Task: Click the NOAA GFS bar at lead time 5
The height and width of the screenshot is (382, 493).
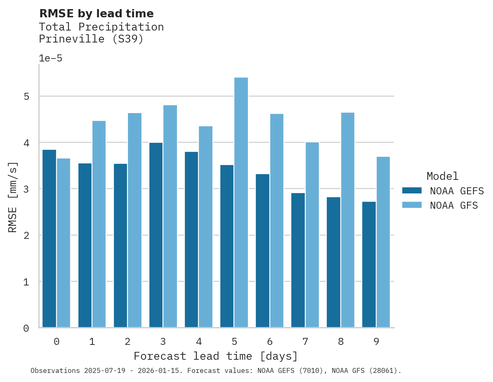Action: click(241, 202)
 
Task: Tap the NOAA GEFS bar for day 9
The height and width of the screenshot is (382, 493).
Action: click(369, 264)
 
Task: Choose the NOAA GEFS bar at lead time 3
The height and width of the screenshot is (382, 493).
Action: click(156, 235)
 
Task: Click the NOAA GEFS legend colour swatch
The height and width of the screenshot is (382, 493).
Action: click(412, 191)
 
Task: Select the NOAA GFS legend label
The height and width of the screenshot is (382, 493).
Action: click(454, 205)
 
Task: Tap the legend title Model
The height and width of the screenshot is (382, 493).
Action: click(442, 176)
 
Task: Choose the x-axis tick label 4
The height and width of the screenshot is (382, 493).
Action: click(198, 342)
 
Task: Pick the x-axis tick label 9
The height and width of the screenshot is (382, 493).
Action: click(376, 342)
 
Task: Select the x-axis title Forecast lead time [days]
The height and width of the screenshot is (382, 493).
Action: click(215, 356)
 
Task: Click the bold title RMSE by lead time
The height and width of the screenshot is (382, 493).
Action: click(96, 14)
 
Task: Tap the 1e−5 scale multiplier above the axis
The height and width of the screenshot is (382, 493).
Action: click(50, 58)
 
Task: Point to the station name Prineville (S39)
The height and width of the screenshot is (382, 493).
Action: click(91, 39)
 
